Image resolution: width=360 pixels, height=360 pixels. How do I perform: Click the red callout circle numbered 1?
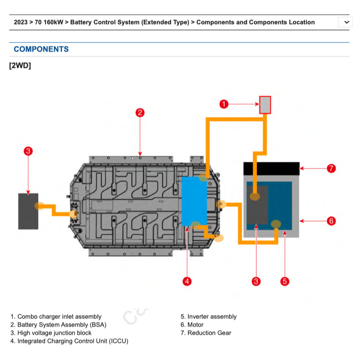coord(224,104)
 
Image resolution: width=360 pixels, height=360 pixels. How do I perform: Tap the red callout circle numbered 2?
coord(140,112)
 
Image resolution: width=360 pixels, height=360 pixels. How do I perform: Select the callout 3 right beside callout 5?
coord(256,281)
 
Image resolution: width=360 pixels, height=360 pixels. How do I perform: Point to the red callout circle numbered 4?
coord(187,281)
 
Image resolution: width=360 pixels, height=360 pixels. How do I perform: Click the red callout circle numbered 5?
coord(284,281)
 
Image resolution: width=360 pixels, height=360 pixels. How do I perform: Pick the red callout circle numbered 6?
coord(331,221)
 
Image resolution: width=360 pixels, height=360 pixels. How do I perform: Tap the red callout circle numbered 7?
coord(331,168)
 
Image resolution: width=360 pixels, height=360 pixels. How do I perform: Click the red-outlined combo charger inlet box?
coord(265,105)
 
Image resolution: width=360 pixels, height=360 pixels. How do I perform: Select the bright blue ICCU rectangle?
coord(194,201)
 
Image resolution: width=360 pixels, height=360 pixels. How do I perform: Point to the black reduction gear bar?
coord(271,168)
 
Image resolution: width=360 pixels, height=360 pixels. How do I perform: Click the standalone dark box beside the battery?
coord(28,211)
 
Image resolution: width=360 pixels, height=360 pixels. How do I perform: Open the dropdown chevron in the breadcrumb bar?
coord(346,22)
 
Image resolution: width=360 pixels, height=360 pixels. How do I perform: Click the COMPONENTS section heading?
coord(41,49)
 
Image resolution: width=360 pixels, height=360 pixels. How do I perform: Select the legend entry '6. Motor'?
coord(192,325)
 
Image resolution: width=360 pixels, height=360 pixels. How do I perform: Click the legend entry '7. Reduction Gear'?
coord(206,333)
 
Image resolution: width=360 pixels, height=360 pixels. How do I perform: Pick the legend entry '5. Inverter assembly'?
coord(209,317)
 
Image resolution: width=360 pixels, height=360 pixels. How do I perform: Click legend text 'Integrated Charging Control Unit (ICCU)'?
coord(73,341)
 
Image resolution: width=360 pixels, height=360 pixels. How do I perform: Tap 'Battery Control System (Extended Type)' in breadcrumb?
coord(130,22)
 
